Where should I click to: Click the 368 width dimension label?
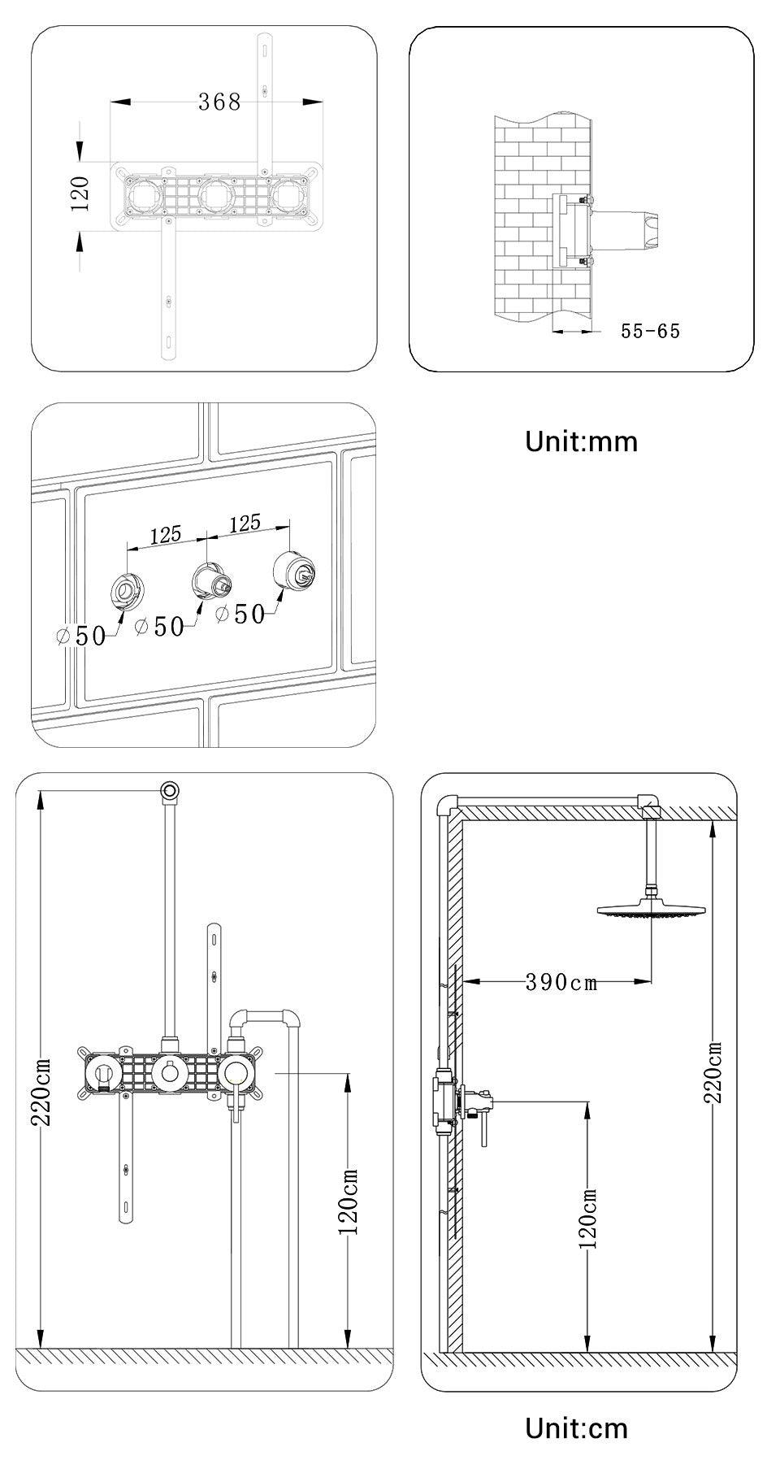[219, 102]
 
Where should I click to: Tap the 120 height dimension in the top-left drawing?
[80, 193]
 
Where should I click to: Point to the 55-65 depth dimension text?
[650, 331]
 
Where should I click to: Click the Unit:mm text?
[581, 441]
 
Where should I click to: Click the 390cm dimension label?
[561, 982]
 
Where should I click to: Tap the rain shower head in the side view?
[652, 910]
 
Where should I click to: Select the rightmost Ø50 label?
[241, 614]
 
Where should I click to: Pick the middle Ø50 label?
[160, 626]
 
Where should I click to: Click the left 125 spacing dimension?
[165, 535]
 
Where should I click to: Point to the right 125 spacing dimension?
[245, 522]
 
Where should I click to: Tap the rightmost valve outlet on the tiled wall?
[293, 569]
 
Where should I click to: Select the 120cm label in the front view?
[348, 1201]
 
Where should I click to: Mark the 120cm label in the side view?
[589, 1219]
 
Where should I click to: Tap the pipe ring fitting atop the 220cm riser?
[170, 789]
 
